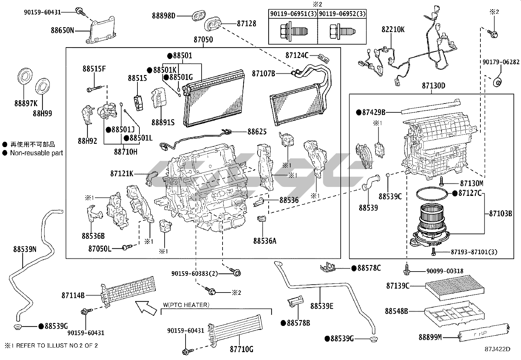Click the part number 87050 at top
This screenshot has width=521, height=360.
click(203, 40)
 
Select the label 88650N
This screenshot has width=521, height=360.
click(62, 30)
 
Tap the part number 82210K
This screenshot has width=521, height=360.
click(393, 29)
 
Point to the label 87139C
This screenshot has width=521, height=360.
click(398, 286)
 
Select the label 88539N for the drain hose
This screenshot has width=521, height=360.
click(25, 249)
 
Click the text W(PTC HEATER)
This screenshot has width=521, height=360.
click(186, 305)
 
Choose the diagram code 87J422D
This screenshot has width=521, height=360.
click(497, 349)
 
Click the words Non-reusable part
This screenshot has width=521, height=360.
click(36, 153)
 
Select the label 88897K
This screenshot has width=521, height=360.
click(26, 104)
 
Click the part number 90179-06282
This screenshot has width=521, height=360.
click(501, 62)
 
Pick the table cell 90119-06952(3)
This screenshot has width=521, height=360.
click(342, 14)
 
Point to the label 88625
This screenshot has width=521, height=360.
click(257, 132)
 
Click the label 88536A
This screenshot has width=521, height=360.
click(265, 241)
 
